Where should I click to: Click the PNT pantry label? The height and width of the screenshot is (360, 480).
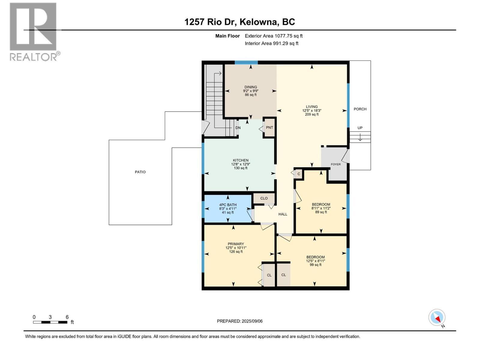click(x=269, y=127)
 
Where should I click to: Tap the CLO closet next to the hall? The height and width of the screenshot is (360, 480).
click(x=264, y=198)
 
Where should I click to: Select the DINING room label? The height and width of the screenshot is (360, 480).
click(x=250, y=87)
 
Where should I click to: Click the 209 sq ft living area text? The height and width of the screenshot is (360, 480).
click(x=312, y=114)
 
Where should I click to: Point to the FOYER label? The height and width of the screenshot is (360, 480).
click(x=336, y=164)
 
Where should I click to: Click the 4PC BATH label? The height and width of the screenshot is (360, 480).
click(x=228, y=205)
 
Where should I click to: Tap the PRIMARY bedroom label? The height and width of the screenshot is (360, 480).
click(x=236, y=244)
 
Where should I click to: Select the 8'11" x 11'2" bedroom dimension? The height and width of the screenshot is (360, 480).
click(x=321, y=208)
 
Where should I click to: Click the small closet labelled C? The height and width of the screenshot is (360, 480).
click(x=299, y=174)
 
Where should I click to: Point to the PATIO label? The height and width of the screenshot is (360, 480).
click(x=140, y=172)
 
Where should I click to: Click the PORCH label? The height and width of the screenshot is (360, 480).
click(x=360, y=109)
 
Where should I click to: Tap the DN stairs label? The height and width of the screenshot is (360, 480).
click(x=238, y=128)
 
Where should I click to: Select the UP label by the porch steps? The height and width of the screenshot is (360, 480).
click(x=360, y=128)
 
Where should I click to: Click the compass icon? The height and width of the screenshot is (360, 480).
click(x=437, y=317)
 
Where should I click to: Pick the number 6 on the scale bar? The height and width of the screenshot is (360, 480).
click(x=67, y=317)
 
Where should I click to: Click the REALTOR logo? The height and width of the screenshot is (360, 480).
click(x=34, y=31)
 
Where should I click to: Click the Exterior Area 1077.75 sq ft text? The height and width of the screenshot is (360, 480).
click(x=274, y=36)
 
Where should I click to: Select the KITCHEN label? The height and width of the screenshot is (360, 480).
click(x=241, y=160)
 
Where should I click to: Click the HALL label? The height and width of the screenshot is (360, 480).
click(x=283, y=214)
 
